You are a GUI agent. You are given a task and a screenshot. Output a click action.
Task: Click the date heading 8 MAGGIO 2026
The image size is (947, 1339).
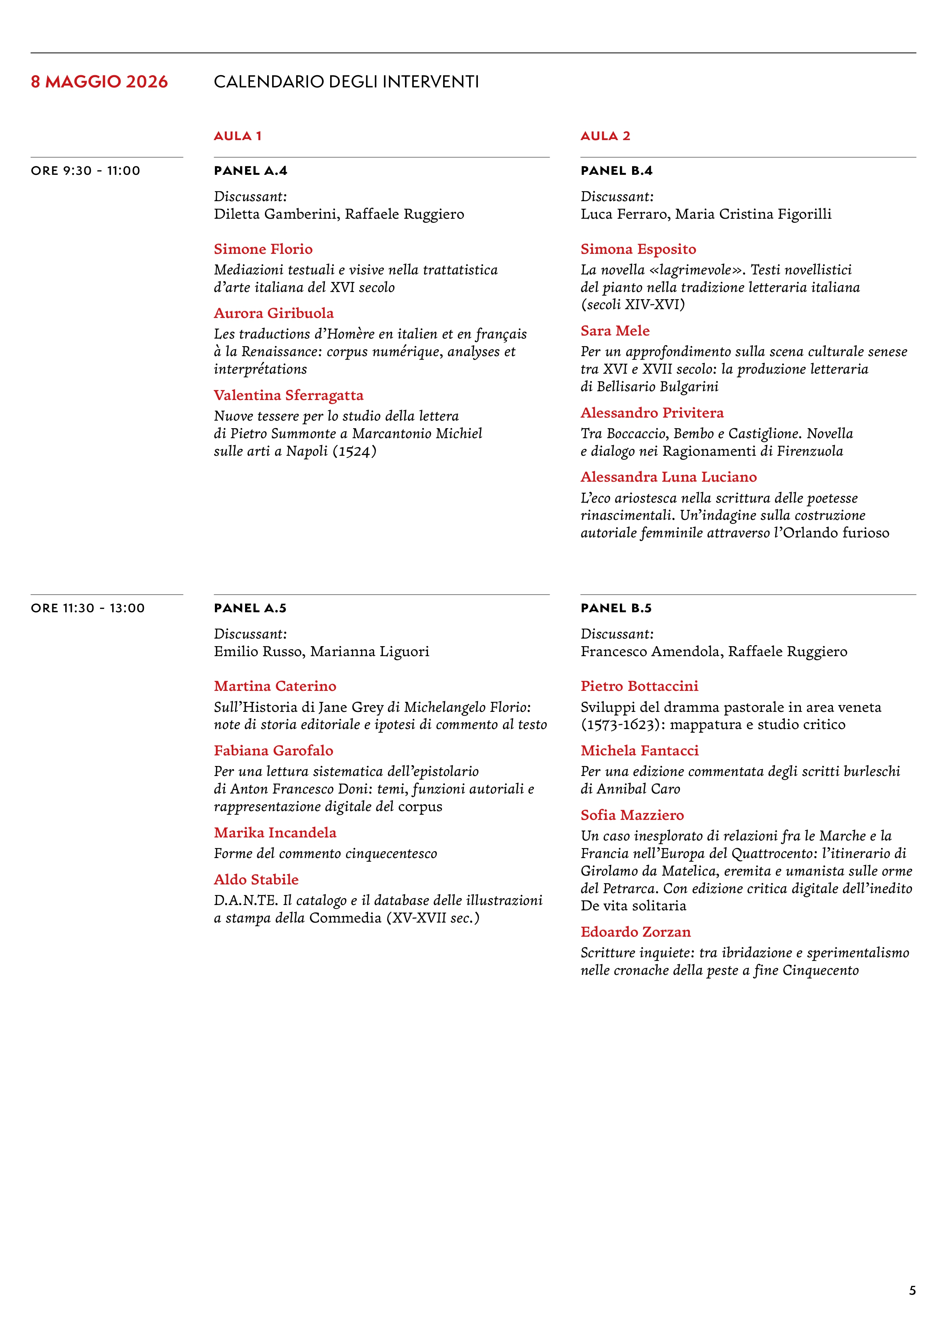point(99,82)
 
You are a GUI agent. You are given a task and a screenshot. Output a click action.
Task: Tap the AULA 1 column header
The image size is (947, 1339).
point(237,136)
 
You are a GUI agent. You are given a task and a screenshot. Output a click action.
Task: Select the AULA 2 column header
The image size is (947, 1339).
point(605,136)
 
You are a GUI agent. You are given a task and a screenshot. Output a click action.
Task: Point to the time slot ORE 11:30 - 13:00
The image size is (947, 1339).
point(87,608)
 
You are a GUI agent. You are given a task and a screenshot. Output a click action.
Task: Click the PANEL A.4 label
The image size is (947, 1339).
point(250,171)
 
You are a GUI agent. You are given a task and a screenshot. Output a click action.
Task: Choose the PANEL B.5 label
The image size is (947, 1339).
point(616,608)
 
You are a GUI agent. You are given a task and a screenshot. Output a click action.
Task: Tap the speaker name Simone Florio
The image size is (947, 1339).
point(263,249)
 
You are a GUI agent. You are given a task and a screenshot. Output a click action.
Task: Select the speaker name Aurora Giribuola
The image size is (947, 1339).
point(273,313)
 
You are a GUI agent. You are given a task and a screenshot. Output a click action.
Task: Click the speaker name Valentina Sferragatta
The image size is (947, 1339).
point(288,395)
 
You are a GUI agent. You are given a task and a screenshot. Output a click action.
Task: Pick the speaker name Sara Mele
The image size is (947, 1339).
point(615,331)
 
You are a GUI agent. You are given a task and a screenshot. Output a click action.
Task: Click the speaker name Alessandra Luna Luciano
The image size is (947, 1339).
point(668,477)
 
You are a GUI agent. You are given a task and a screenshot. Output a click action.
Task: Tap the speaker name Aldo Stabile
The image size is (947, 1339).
point(256,879)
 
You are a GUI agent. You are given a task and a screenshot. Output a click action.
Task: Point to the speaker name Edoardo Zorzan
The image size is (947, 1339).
point(636,932)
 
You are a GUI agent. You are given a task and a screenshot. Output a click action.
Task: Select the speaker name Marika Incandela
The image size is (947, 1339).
point(275,833)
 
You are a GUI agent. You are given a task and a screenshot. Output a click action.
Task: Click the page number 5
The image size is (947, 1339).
point(912,1291)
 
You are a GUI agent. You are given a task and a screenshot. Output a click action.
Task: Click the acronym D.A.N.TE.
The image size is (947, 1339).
point(245,900)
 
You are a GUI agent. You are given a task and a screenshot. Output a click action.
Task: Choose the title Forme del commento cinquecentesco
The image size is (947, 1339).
point(325,854)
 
